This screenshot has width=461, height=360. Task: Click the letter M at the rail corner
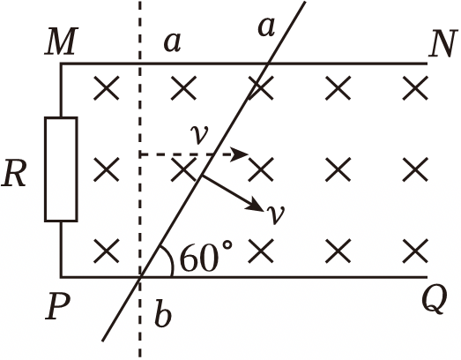(62, 41)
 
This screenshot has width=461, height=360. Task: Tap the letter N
(443, 43)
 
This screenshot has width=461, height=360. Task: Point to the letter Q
(435, 300)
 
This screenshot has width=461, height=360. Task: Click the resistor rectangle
(61, 169)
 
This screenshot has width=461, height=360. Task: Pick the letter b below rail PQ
(163, 313)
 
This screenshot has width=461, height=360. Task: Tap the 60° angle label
(206, 256)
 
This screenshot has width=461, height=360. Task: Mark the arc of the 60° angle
(169, 259)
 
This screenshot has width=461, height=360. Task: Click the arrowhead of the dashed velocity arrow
(239, 154)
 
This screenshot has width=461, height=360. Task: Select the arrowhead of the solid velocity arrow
(256, 206)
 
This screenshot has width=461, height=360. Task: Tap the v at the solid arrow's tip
(275, 214)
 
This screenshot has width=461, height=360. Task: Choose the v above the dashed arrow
(199, 134)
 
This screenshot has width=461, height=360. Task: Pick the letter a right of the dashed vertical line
(172, 43)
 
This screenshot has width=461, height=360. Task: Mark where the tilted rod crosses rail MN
(268, 64)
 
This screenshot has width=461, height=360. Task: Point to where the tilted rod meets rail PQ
(141, 277)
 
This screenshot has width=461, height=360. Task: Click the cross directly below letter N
(415, 87)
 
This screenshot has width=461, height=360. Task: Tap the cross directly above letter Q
(415, 251)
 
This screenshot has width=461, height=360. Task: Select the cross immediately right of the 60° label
(261, 251)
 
